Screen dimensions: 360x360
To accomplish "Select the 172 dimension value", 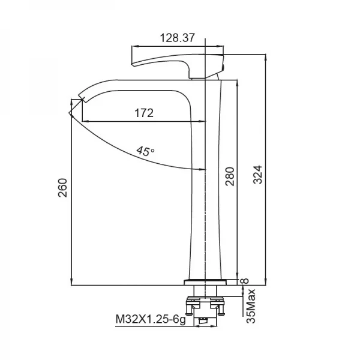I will pos(144,112).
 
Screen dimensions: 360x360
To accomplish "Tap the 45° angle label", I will pos(145,151).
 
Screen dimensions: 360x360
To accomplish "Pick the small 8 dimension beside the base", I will pos(243,280).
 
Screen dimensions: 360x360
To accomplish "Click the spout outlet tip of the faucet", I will pos(82,96).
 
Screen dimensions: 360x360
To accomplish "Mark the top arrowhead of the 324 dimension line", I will pos(266,56).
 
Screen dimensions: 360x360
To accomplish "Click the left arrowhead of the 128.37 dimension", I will pos(134,46).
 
